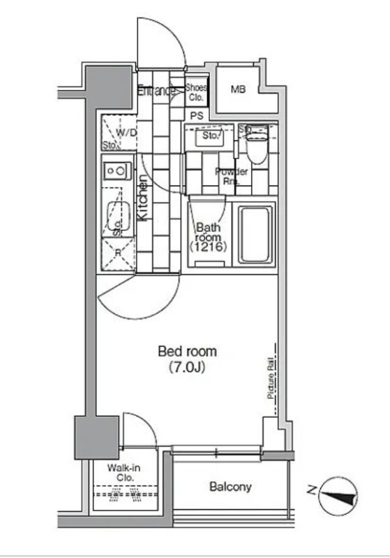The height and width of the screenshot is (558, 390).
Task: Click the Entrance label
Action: pos(156,90)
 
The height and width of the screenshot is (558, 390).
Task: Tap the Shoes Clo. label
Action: pos(196,92)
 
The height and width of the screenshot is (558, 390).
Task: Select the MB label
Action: pos(239,89)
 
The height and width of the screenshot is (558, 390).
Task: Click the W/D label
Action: pos(126,133)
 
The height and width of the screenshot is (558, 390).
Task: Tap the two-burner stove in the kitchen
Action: pos(117,169)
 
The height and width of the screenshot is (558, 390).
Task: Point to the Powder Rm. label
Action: pos(231,176)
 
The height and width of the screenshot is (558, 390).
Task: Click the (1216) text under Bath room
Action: pos(209,248)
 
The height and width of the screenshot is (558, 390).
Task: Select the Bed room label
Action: pos(187,351)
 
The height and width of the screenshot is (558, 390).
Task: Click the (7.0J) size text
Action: pos(187,366)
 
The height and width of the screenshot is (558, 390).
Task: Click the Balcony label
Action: pos(230,487)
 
